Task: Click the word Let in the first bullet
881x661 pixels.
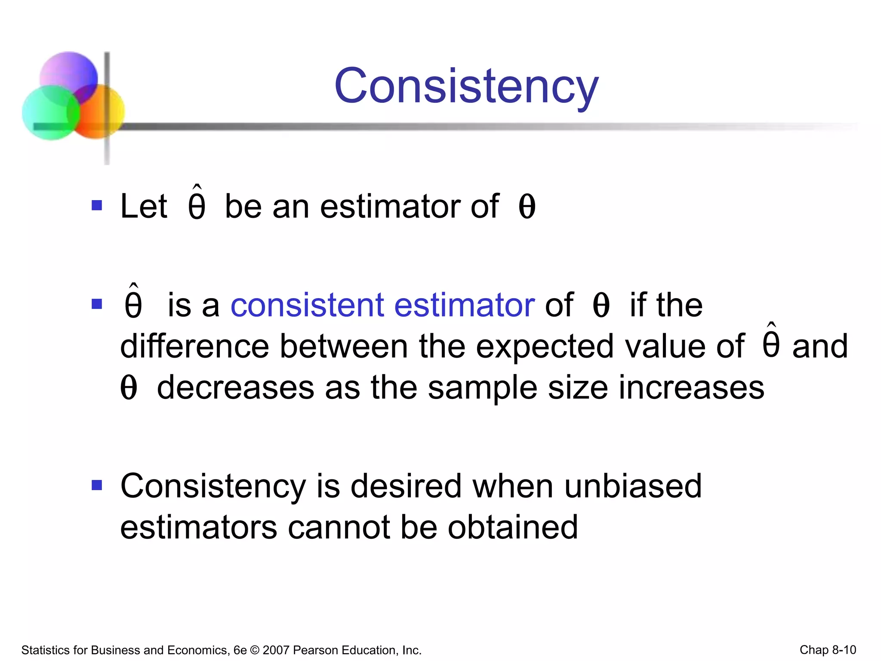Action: point(144,207)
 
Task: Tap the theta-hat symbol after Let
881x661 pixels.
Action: point(197,204)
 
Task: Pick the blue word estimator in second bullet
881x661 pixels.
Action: point(465,305)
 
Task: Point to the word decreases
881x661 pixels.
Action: point(236,388)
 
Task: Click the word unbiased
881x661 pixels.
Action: point(633,486)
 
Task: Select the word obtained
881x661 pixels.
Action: point(513,528)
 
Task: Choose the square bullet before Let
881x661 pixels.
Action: point(97,205)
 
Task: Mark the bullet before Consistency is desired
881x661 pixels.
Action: point(97,486)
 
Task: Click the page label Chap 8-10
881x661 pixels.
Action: point(828,650)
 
